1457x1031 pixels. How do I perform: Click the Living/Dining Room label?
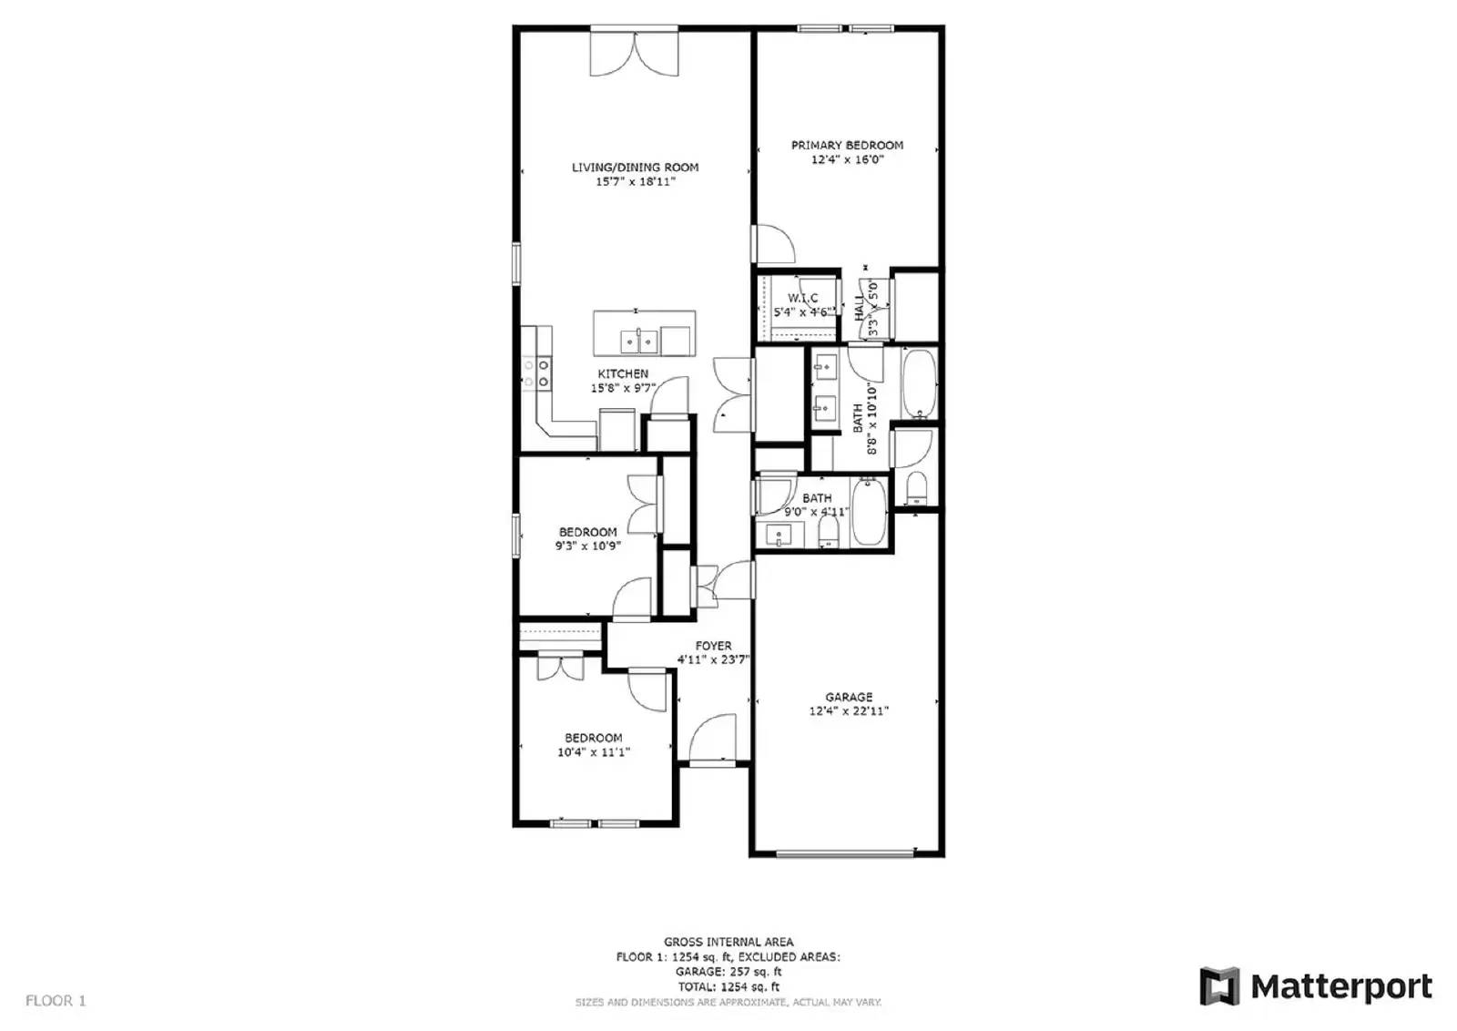coord(635,167)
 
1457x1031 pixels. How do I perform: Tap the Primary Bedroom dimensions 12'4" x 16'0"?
coord(847,159)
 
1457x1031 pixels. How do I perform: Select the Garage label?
coord(849,697)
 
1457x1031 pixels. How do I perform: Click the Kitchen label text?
coord(623,373)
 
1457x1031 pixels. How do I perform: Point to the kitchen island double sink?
coord(638,342)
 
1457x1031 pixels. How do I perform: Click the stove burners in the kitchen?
coord(535,373)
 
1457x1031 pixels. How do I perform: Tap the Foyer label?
coord(713,646)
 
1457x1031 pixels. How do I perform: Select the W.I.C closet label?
coord(802,298)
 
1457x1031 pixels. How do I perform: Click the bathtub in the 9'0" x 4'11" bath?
coord(869,513)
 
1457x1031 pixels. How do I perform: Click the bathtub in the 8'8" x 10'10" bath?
coord(918,383)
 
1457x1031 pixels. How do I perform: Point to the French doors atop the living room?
coord(634,53)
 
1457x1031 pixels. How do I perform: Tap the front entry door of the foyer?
coord(713,740)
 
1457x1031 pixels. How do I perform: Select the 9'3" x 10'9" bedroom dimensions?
coord(587,546)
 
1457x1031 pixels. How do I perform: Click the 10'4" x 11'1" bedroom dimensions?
coord(593,752)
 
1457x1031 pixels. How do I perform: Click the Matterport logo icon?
coord(1218,986)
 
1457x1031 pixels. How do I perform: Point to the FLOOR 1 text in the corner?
coord(56,1000)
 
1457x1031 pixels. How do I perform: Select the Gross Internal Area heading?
coord(728,942)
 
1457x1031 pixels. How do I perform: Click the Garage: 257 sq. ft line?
coord(728,972)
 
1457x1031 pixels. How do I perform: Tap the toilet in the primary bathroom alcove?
coord(915,488)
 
